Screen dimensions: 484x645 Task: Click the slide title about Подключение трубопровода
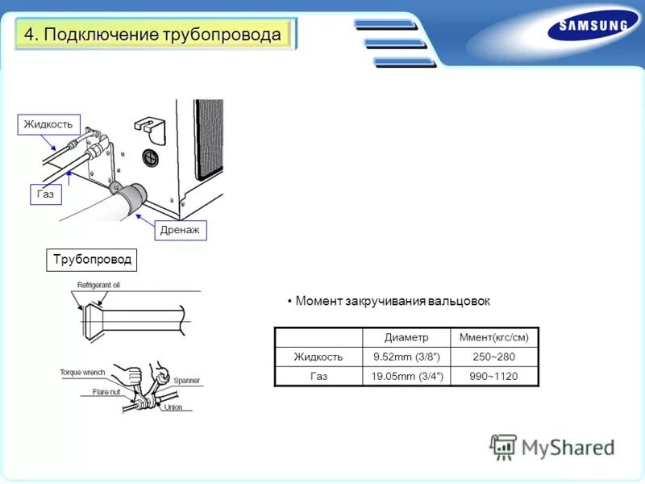click(x=153, y=35)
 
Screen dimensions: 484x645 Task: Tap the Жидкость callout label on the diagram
click(x=48, y=124)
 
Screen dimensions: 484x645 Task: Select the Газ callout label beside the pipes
click(x=46, y=194)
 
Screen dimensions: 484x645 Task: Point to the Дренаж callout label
click(x=181, y=231)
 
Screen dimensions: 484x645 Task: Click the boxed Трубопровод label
click(x=92, y=260)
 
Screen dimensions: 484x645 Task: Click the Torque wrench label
click(x=84, y=373)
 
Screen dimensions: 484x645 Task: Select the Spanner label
click(x=186, y=380)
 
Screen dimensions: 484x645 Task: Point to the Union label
click(x=173, y=407)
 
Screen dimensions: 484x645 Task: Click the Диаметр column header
click(x=406, y=337)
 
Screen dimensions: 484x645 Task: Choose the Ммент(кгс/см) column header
click(x=493, y=337)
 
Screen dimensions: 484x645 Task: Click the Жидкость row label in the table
click(x=318, y=357)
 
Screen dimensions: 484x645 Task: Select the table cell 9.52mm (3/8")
click(x=406, y=357)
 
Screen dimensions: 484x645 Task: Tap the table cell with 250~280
click(x=493, y=357)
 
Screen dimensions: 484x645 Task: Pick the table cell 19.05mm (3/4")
click(x=406, y=376)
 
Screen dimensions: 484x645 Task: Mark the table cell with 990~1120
click(x=493, y=376)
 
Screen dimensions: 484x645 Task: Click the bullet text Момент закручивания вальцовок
click(x=392, y=301)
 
